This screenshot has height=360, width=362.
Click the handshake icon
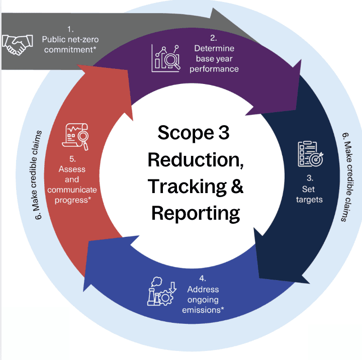click(16, 45)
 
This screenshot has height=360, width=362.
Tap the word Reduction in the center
click(194, 160)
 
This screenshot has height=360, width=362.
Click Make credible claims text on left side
click(38, 171)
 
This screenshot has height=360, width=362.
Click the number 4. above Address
click(202, 279)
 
